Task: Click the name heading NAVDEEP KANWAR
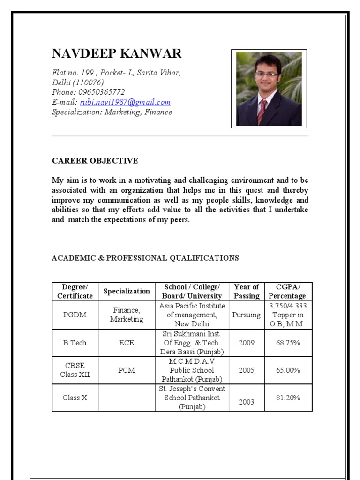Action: (116, 54)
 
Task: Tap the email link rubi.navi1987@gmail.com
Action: (125, 102)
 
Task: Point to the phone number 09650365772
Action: (102, 92)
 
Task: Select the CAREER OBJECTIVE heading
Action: (95, 161)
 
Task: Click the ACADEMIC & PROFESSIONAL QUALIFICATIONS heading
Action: (145, 258)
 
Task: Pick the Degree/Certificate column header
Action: (75, 291)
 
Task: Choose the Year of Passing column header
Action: (247, 291)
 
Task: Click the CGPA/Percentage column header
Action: (288, 291)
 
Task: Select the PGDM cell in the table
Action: (75, 315)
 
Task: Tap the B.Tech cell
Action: (75, 343)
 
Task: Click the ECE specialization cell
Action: (127, 343)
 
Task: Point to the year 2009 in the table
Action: (247, 343)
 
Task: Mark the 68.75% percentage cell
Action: (288, 343)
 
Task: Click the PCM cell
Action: (127, 370)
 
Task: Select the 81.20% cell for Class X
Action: (288, 397)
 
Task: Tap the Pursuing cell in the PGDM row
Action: (247, 315)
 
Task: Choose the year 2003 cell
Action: (247, 402)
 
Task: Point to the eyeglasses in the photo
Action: (266, 74)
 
